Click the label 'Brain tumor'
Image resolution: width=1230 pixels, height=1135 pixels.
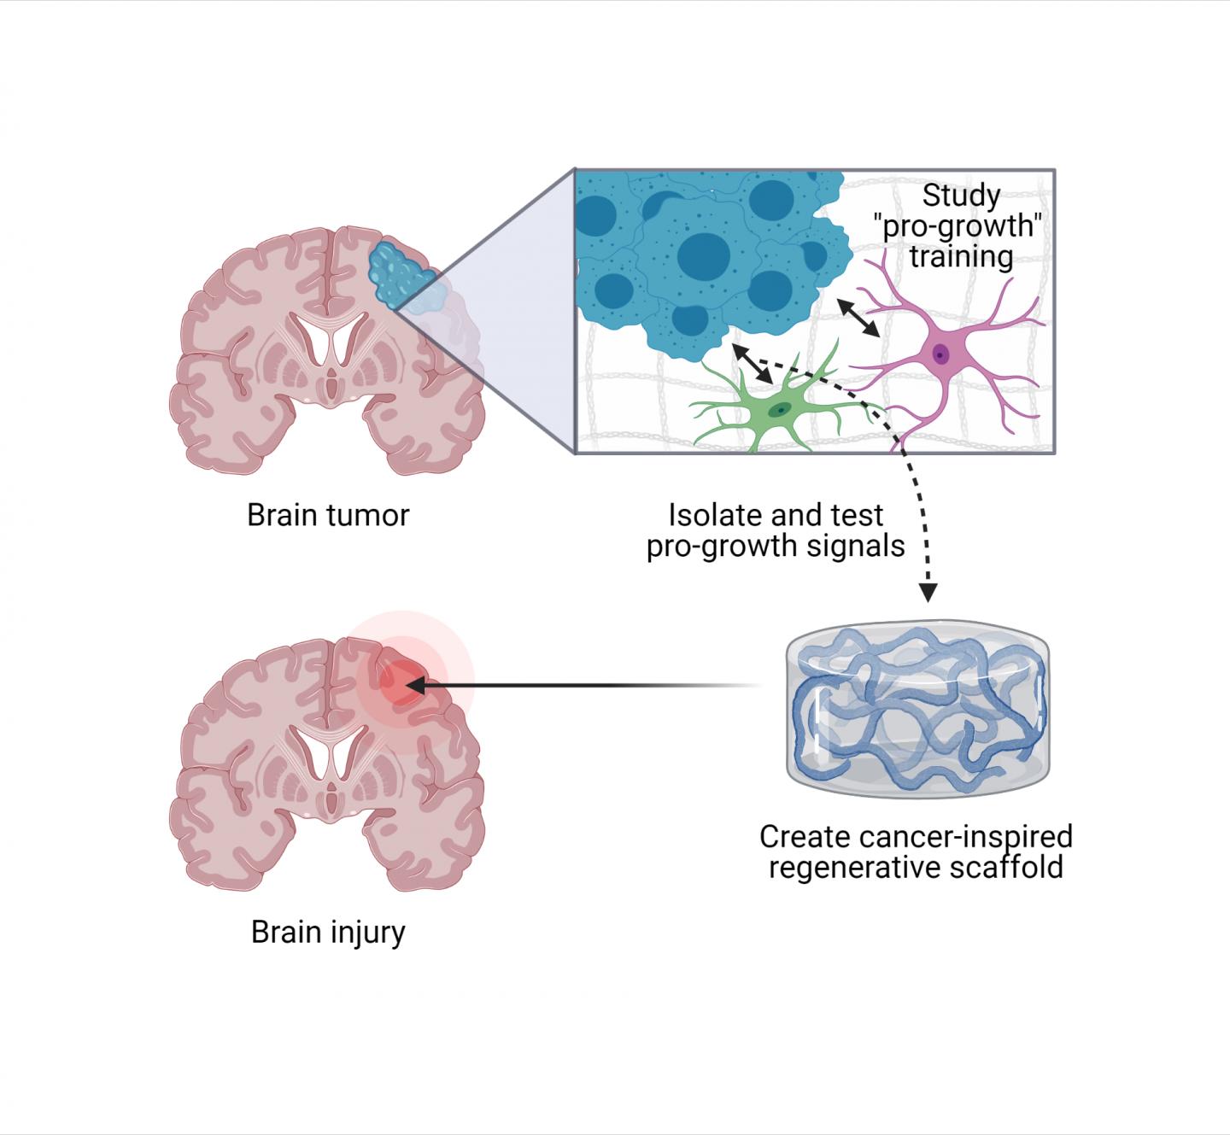coord(328,516)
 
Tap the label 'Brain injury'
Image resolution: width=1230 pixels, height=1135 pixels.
coord(328,932)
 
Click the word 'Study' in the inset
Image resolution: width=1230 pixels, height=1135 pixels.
coord(961,196)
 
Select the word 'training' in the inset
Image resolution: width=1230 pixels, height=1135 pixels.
coord(961,256)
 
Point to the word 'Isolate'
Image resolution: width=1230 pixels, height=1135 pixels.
coord(716,516)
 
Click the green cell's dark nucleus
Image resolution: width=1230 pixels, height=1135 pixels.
coord(778,411)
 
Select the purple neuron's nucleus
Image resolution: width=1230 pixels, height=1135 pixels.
coord(940,353)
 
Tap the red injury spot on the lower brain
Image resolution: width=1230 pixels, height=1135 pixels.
coord(398,683)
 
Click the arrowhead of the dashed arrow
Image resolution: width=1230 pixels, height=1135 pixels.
coord(928,592)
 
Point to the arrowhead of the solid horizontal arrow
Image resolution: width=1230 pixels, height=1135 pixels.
coord(413,685)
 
